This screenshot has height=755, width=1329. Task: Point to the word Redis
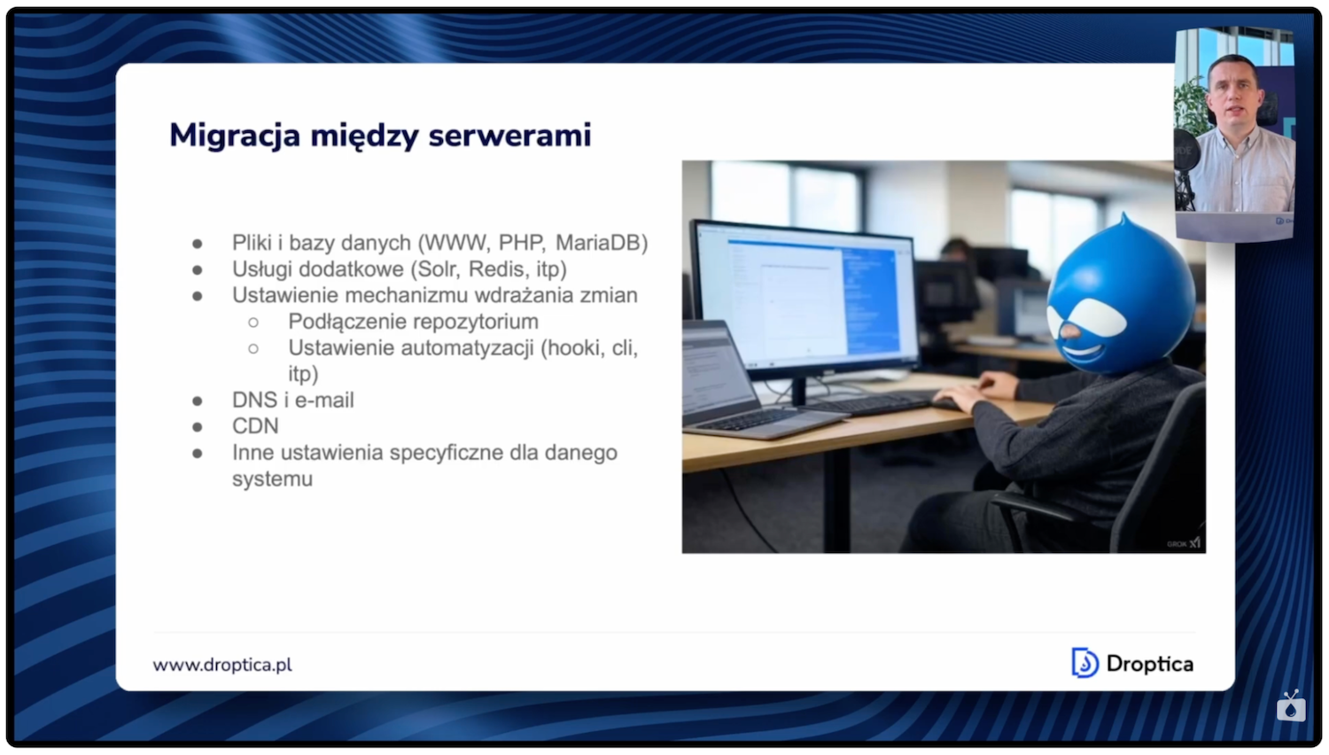click(x=499, y=269)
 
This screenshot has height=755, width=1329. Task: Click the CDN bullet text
click(x=255, y=426)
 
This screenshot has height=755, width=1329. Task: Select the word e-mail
click(x=324, y=401)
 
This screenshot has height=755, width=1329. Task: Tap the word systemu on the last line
click(x=272, y=479)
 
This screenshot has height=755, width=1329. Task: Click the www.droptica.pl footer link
click(x=222, y=665)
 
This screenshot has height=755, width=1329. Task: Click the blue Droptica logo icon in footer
click(x=1084, y=663)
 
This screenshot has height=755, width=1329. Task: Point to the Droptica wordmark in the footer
click(x=1149, y=664)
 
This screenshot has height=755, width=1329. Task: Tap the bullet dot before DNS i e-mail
click(x=198, y=401)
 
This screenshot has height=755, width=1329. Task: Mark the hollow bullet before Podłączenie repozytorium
click(x=253, y=323)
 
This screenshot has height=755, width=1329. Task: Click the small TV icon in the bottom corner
click(x=1291, y=706)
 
